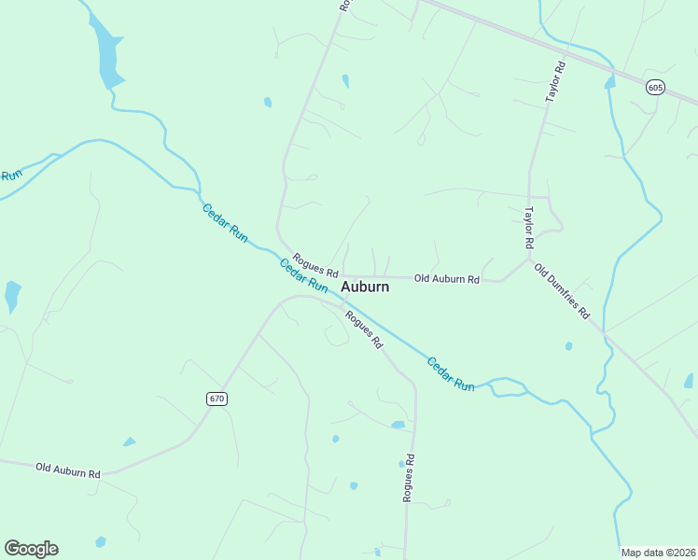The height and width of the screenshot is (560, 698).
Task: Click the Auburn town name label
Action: click(365, 287)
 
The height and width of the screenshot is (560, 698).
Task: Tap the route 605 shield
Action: click(656, 87)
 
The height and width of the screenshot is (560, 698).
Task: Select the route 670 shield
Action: click(216, 399)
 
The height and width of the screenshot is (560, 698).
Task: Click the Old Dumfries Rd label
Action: click(562, 291)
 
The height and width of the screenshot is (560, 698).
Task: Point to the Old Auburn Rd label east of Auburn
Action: click(447, 279)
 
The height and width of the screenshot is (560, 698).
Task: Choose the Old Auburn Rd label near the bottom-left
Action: click(67, 469)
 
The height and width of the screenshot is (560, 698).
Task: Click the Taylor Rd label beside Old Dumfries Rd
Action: click(528, 227)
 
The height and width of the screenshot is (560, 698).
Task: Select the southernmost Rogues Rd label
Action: click(408, 479)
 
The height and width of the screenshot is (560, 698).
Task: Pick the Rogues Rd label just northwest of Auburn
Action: click(314, 264)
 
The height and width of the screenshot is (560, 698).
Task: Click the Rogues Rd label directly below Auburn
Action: click(364, 329)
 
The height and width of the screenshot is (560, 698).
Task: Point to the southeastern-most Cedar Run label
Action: click(451, 373)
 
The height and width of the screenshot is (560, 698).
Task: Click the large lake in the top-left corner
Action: click(107, 56)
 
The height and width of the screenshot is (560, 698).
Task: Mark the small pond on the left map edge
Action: click(12, 295)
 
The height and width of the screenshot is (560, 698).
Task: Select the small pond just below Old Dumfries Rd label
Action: click(568, 346)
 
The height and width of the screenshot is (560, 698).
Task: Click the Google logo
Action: click(31, 549)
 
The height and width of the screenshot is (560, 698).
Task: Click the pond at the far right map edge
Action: click(689, 381)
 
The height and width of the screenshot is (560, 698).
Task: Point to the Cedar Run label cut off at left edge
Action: click(10, 175)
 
